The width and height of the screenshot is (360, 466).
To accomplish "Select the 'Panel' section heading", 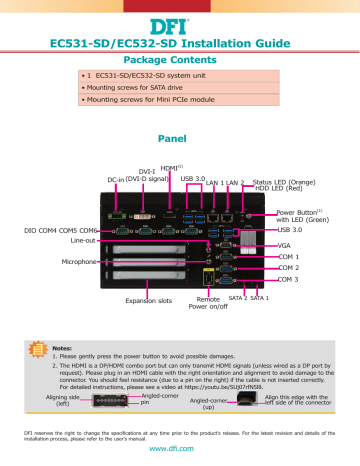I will point(179,140).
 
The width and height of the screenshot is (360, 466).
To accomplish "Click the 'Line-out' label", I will point(76,240).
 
